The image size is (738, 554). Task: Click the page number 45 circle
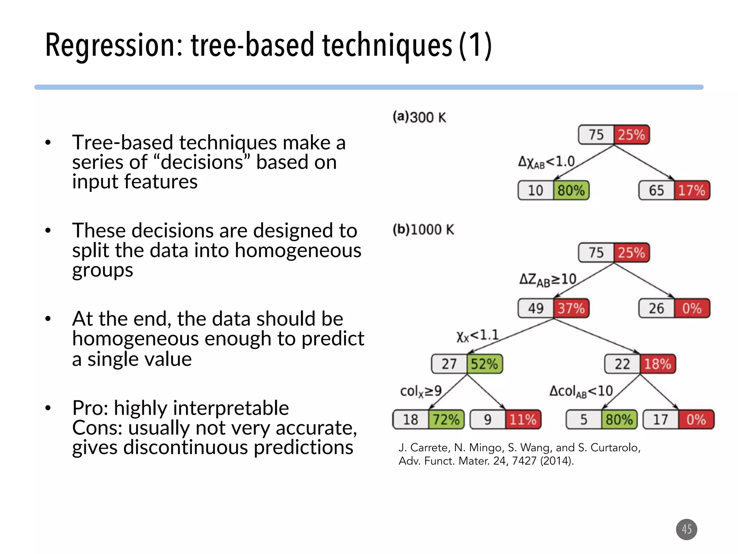[686, 529]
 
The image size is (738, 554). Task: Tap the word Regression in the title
[114, 45]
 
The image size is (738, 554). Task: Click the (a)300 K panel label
[419, 117]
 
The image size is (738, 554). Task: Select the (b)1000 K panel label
[423, 229]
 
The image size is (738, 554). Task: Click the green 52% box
[484, 364]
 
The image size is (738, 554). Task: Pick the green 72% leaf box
[446, 419]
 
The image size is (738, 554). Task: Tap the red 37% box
[571, 308]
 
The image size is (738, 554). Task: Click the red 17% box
[692, 190]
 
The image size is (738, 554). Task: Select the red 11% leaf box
[523, 419]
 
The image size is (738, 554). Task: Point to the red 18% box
[658, 364]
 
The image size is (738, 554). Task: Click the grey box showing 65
[656, 190]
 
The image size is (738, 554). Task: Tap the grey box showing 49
[536, 308]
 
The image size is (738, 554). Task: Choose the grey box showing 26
[656, 308]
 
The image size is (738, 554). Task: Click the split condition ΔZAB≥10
[548, 280]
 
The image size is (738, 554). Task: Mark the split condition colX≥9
[421, 391]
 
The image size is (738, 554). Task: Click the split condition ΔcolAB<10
[581, 391]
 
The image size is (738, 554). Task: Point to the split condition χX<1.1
[477, 336]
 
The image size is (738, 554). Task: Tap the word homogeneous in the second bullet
[298, 250]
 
